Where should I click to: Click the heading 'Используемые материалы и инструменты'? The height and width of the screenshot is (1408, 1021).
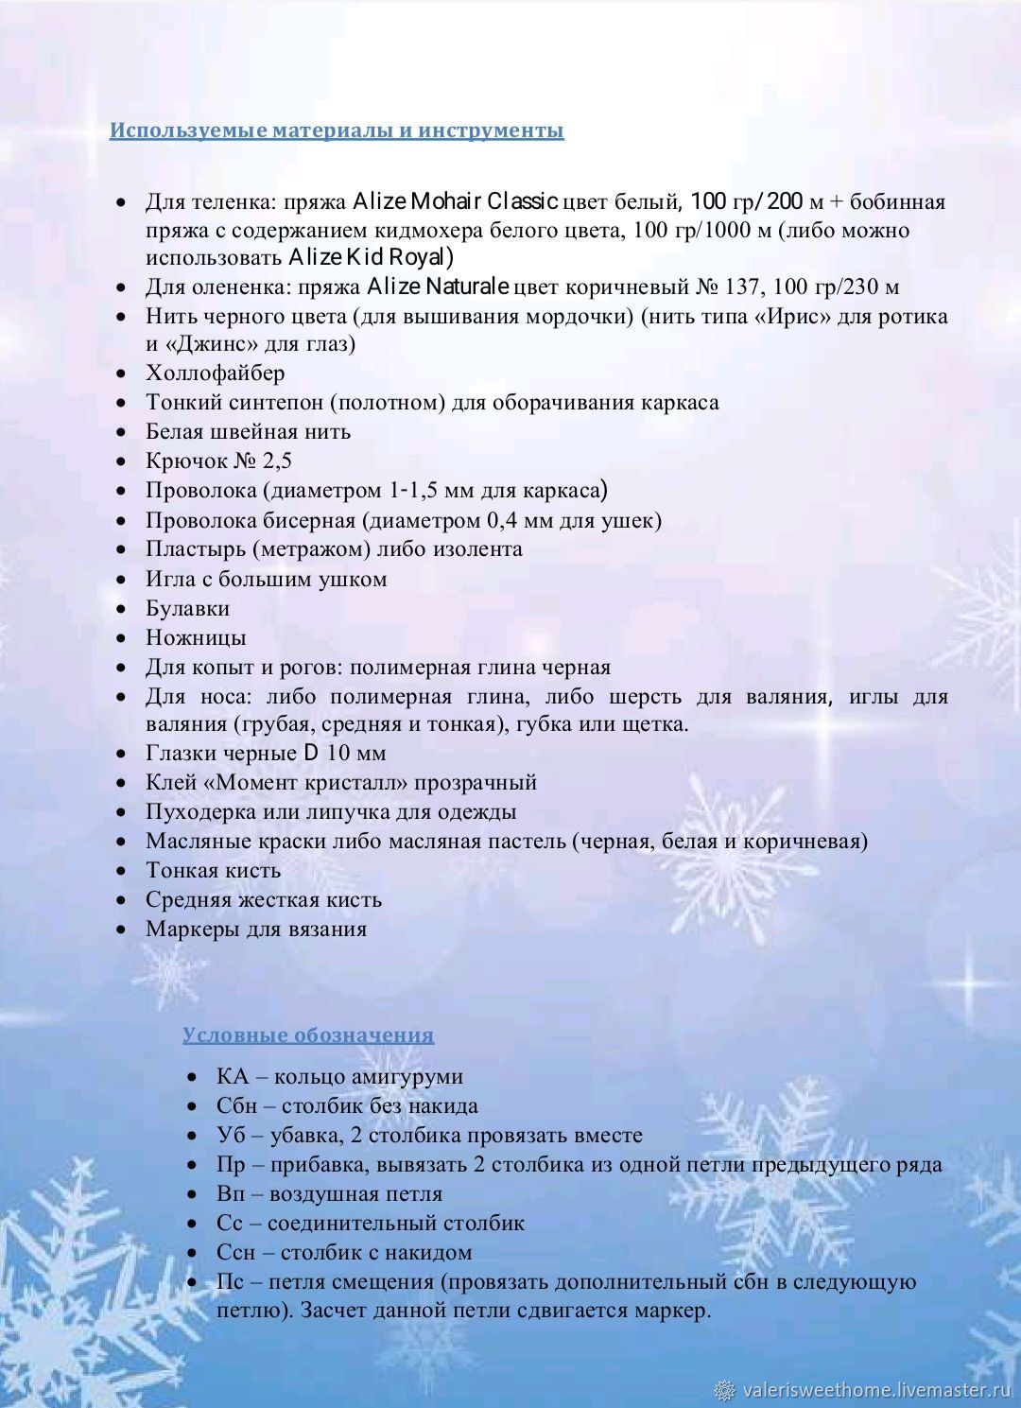click(337, 130)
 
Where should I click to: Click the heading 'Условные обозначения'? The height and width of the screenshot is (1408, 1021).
click(308, 1034)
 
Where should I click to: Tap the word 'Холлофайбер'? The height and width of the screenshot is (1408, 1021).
click(215, 373)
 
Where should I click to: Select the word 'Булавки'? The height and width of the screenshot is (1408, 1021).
click(187, 608)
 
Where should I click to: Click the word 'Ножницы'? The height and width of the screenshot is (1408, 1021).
click(196, 637)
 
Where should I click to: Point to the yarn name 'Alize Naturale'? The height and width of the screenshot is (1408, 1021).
click(439, 286)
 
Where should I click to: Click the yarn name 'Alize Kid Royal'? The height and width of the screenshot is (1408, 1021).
click(370, 257)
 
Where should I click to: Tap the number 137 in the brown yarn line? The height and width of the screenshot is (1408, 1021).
click(741, 287)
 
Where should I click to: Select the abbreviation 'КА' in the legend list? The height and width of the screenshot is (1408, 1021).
click(232, 1076)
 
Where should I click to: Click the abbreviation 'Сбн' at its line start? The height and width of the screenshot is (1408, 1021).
click(234, 1105)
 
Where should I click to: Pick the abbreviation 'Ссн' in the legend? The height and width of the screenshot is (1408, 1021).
click(235, 1252)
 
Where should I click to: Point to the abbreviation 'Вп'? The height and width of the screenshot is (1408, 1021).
click(231, 1193)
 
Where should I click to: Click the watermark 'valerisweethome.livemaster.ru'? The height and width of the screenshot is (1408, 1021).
click(876, 1389)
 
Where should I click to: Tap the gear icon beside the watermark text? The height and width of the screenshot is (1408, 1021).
click(725, 1389)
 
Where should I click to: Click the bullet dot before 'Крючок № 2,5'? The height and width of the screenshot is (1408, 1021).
click(121, 461)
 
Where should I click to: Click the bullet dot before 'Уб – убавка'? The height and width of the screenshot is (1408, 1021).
click(192, 1136)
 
